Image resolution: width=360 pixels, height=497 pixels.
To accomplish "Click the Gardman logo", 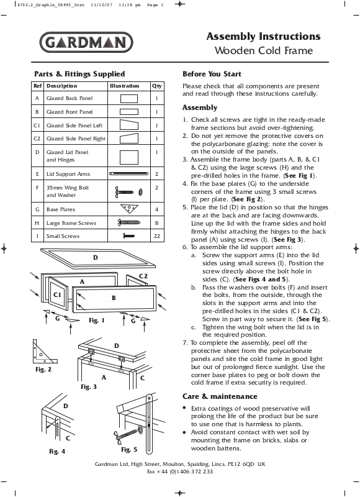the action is click(86, 42).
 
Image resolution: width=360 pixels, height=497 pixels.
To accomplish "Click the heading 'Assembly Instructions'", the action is click(263, 37).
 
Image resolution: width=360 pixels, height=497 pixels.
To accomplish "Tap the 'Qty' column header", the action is click(157, 86).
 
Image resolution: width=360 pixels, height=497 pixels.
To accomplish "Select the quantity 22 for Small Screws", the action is click(157, 236).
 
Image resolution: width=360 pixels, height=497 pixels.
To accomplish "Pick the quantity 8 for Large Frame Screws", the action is click(157, 223).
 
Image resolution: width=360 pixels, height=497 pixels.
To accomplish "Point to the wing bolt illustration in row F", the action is click(128, 192).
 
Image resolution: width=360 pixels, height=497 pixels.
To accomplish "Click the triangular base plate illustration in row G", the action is click(129, 209).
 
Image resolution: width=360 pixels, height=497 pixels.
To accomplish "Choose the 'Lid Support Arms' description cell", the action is click(68, 174).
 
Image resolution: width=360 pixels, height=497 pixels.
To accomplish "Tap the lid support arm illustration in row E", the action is click(129, 174).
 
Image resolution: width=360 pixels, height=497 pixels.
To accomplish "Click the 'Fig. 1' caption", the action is click(97, 321).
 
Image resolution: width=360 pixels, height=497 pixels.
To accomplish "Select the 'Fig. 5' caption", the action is click(129, 449).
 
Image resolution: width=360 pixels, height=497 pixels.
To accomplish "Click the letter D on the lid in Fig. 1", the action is click(96, 258).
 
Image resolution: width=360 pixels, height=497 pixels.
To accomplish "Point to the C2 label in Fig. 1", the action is click(143, 276).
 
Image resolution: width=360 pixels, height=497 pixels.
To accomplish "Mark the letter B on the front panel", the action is click(114, 298).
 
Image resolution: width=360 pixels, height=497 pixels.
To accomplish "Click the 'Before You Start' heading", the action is click(212, 74).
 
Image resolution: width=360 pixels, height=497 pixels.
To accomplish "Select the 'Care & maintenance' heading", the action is click(220, 396).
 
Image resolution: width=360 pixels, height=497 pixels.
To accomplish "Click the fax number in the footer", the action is click(180, 472).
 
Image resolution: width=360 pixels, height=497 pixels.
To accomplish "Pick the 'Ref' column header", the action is click(37, 86).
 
